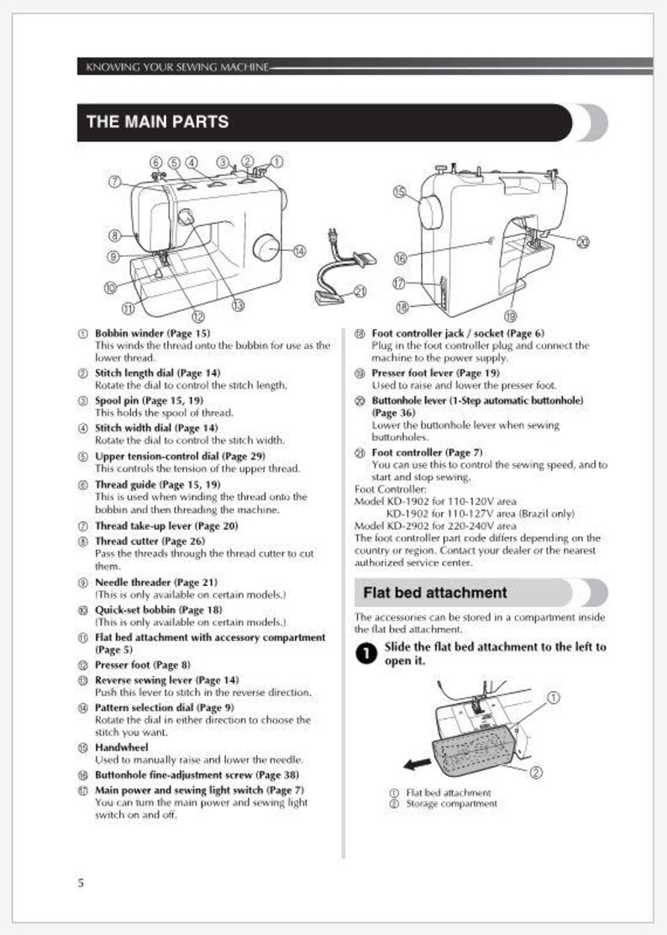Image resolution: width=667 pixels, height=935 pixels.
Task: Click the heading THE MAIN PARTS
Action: pos(157,122)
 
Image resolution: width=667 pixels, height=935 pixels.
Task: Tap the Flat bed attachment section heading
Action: pos(434,593)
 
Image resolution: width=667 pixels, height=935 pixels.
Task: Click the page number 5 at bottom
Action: pos(81,882)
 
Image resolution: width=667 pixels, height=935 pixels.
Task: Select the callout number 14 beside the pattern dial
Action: pos(299,251)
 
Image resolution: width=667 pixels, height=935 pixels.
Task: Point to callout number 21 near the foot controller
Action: pos(360,292)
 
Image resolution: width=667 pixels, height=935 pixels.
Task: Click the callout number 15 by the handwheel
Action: pos(399,192)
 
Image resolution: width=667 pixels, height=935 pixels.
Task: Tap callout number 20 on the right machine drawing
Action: pos(583,241)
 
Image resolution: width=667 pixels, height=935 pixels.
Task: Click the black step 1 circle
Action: pos(365,654)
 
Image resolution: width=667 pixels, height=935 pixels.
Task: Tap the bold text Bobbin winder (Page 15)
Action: pos(152,333)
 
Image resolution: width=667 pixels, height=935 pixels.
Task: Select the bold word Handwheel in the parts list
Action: pos(121,747)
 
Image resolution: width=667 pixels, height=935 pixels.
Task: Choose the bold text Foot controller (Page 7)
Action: pos(427,452)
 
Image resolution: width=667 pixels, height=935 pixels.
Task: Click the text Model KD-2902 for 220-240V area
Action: pos(435,526)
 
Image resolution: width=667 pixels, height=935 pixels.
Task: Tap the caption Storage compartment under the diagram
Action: pos(451,804)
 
